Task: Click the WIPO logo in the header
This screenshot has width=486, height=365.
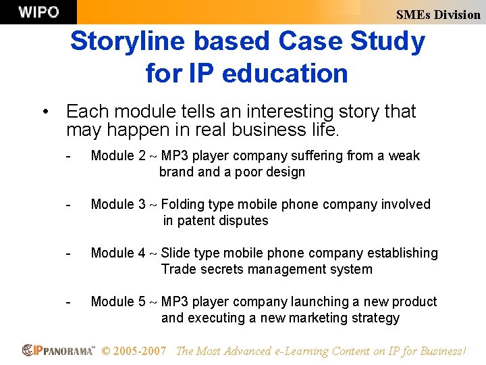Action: pos(38,12)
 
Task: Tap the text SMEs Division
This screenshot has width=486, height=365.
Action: pos(438,14)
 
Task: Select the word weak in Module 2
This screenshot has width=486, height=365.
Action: pos(404,156)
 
